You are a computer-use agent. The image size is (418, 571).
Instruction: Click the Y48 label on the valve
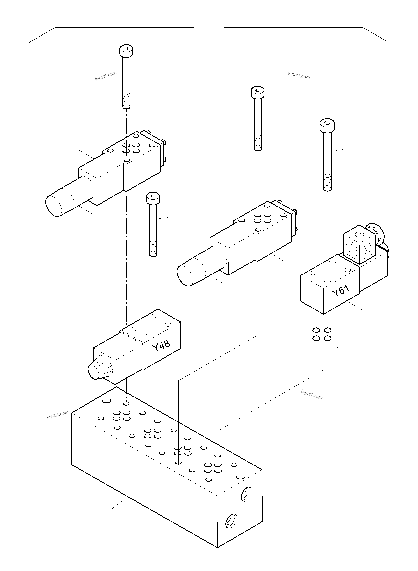point(161,346)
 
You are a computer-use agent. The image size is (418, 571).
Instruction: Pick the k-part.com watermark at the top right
point(299,75)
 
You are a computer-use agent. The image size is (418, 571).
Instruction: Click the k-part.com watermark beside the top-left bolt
point(106,76)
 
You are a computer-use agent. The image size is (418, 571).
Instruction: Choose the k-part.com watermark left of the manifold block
point(58,415)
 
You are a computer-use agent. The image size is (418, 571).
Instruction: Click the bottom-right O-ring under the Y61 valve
point(328,338)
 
